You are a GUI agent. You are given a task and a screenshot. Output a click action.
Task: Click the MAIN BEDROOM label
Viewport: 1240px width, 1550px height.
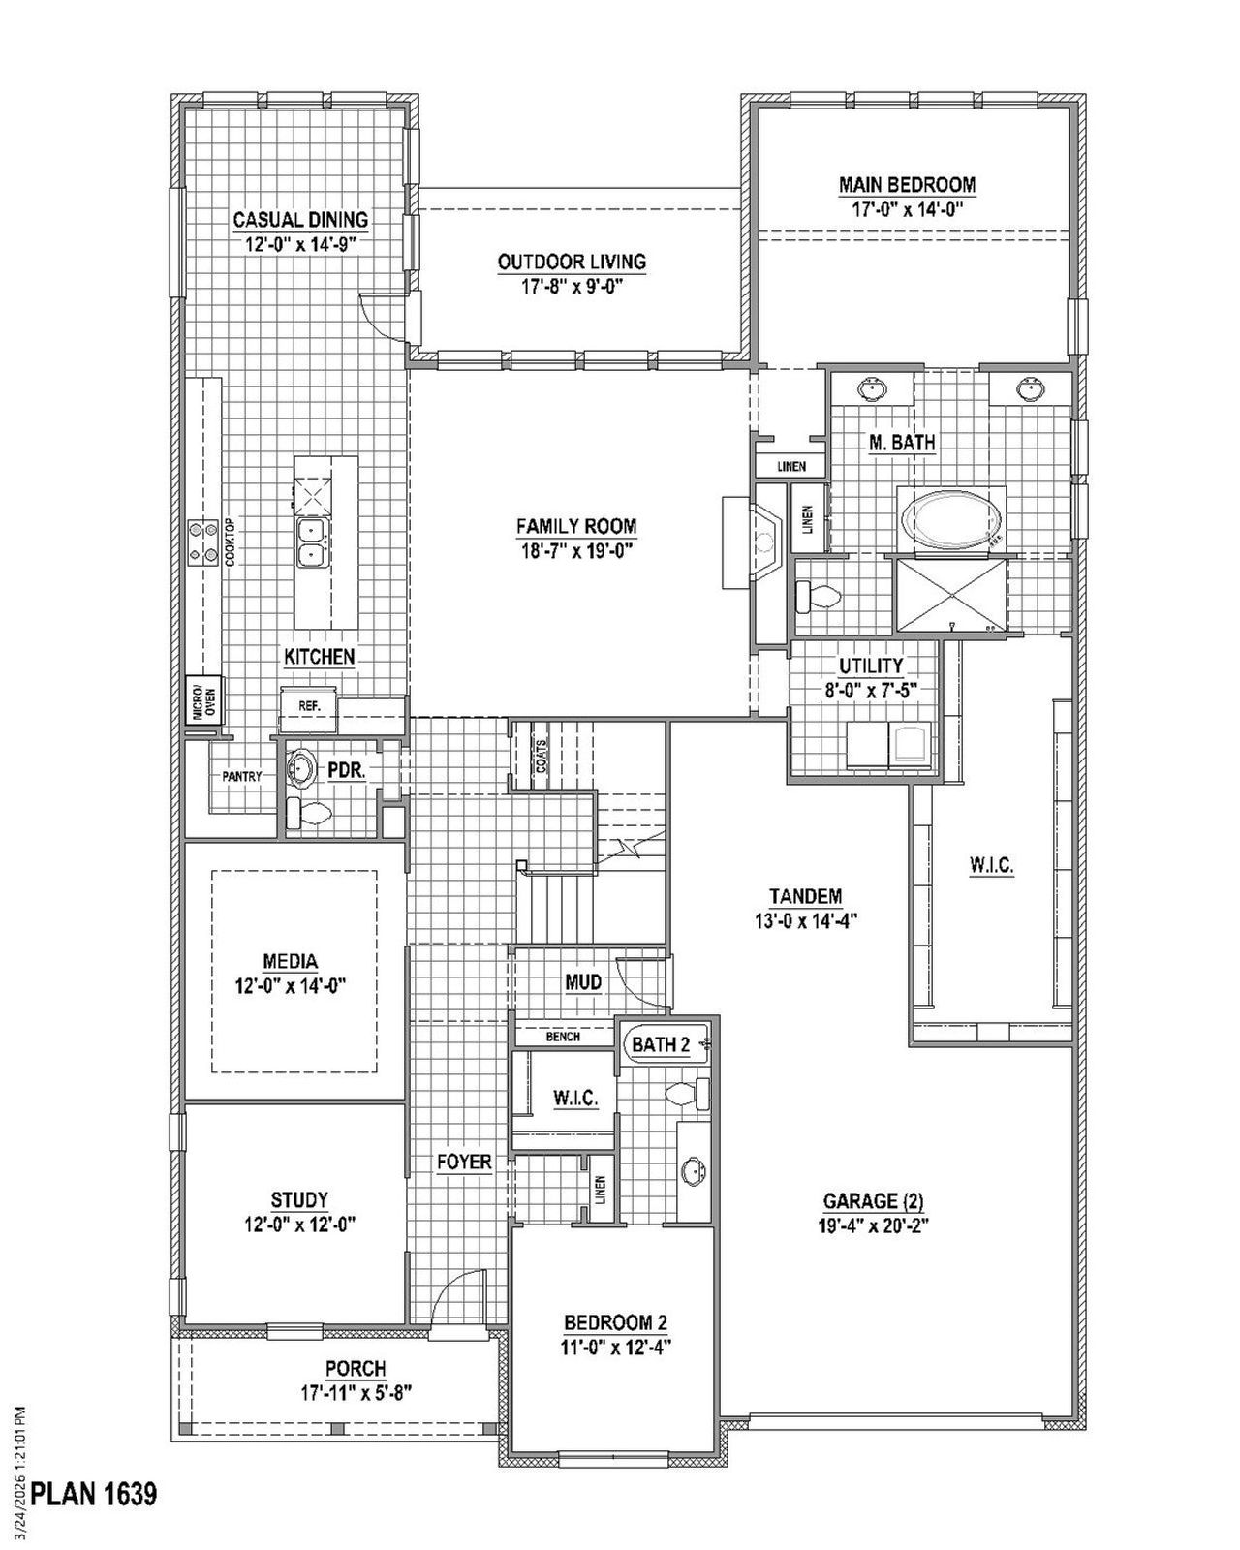click(907, 184)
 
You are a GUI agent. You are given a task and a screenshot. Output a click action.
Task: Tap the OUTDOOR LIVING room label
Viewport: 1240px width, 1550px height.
click(572, 262)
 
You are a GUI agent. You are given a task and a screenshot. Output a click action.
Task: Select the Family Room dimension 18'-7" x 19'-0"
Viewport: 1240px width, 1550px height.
click(575, 550)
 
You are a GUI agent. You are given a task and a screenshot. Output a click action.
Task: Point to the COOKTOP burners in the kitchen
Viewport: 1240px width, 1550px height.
click(205, 542)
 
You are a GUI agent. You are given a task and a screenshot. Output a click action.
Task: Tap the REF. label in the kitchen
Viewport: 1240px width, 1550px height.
click(309, 706)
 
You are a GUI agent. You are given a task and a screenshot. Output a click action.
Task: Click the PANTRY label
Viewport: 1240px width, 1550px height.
click(241, 776)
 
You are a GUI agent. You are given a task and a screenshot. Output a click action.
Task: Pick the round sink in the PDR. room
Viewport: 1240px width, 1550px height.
click(301, 769)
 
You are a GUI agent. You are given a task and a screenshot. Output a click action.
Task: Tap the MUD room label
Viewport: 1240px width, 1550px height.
click(583, 982)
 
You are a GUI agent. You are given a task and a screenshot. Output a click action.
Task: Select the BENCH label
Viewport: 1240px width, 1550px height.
click(563, 1037)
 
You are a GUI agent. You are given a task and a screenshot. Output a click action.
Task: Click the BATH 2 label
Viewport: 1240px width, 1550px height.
click(661, 1045)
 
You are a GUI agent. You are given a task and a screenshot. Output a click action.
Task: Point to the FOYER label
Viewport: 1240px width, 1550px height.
click(464, 1162)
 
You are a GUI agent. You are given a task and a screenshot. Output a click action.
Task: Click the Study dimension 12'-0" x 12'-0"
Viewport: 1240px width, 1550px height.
click(300, 1224)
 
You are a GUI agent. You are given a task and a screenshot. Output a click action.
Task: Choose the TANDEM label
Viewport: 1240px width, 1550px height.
click(805, 896)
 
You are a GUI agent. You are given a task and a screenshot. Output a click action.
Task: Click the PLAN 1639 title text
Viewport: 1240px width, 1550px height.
click(94, 1494)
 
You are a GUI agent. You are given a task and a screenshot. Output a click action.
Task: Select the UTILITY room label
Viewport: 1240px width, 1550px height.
click(871, 666)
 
